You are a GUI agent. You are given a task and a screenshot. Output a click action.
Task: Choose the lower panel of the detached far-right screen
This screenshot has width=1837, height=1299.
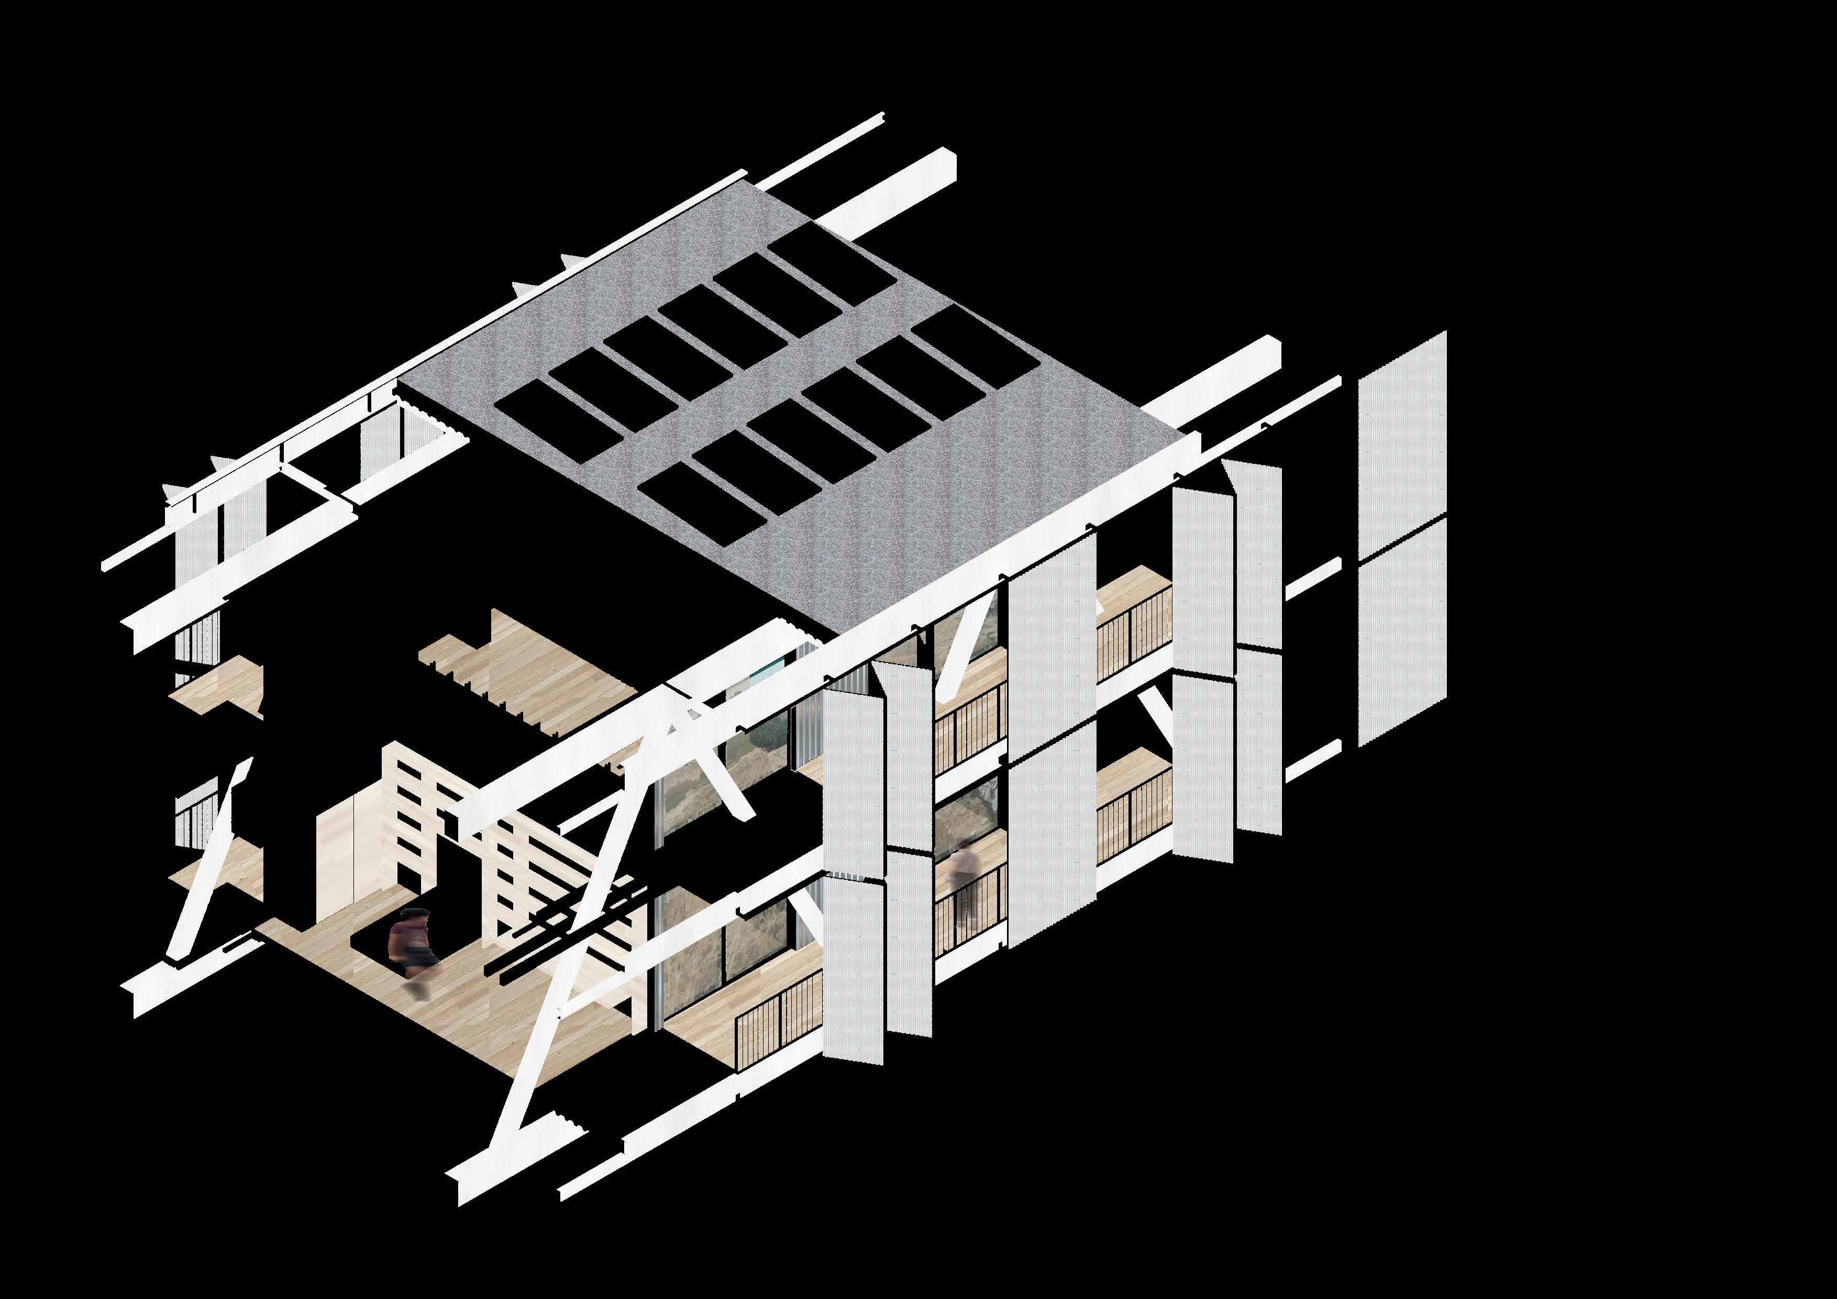pyautogui.click(x=1402, y=632)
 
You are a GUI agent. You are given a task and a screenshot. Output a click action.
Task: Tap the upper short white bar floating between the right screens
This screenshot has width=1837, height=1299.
pyautogui.click(x=1312, y=578)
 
